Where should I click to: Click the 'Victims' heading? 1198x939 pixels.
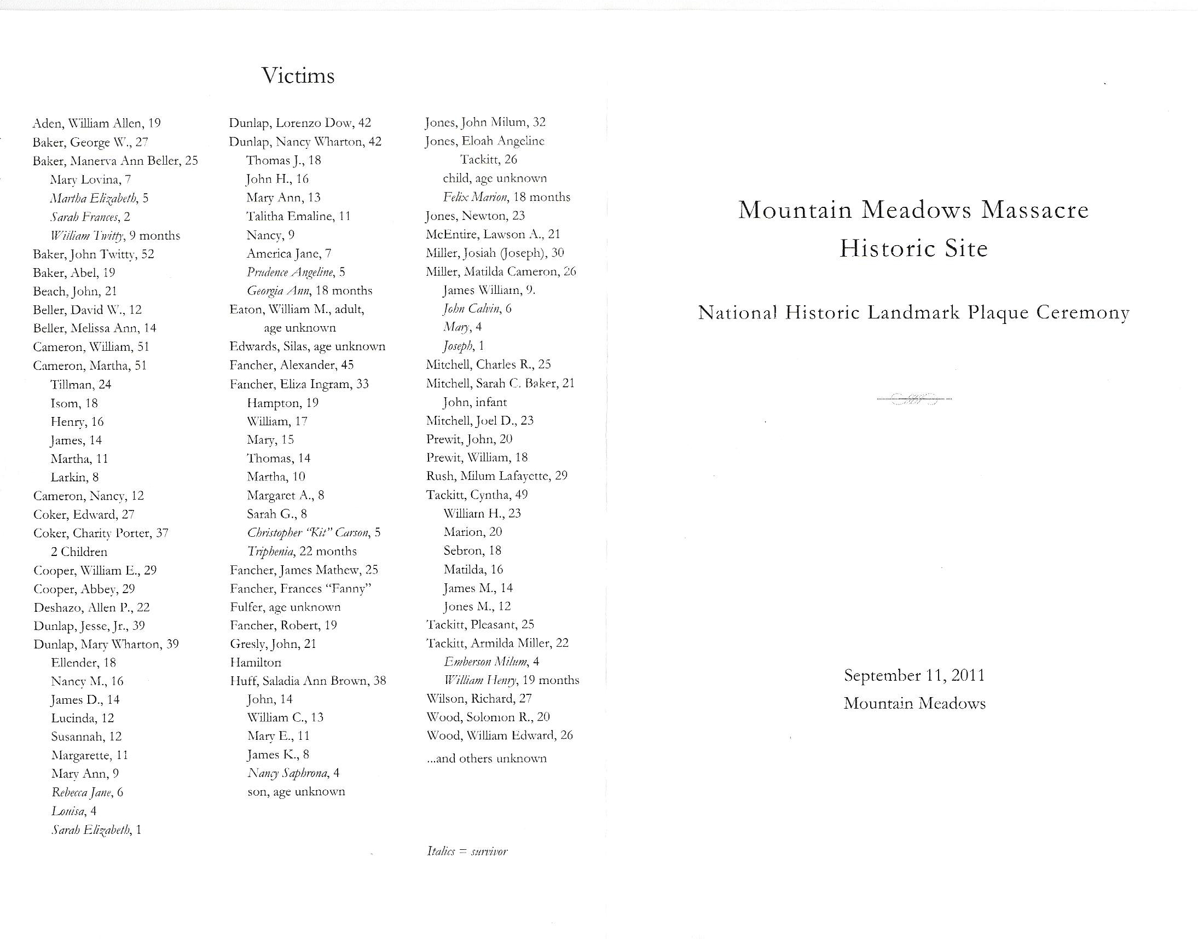(298, 76)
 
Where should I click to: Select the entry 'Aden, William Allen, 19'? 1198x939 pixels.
(97, 123)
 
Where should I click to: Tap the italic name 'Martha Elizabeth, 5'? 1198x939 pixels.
(99, 198)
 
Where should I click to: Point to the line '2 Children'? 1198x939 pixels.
(79, 552)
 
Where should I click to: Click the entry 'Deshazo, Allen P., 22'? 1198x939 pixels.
(91, 607)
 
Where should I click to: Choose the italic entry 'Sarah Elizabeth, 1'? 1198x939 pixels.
(96, 830)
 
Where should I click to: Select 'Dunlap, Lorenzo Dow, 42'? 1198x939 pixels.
(300, 123)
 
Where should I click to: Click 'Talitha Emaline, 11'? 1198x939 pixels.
(298, 216)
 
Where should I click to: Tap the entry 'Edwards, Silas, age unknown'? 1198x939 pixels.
(308, 346)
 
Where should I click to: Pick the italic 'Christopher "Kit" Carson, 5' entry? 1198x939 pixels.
(314, 532)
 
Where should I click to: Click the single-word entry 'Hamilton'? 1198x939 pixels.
(255, 663)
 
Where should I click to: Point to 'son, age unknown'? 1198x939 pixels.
(296, 792)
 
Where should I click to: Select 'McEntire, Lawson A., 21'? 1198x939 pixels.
(493, 234)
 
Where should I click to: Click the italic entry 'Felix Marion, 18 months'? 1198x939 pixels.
(506, 197)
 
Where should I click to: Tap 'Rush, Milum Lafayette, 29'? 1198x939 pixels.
(496, 476)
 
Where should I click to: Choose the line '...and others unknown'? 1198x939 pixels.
(487, 758)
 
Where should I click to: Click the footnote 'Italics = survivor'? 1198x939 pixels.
(467, 851)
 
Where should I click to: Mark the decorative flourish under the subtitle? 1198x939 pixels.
(915, 399)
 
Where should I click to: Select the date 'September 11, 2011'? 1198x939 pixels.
(915, 675)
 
